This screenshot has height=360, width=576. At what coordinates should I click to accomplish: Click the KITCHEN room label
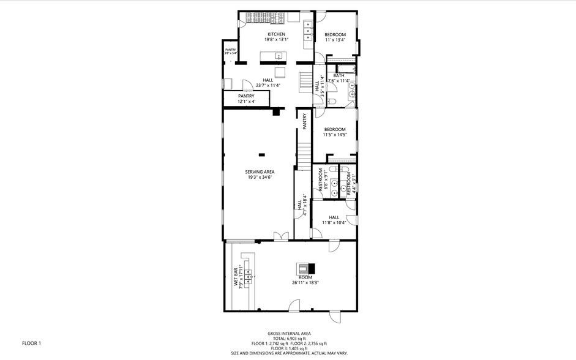click(x=277, y=34)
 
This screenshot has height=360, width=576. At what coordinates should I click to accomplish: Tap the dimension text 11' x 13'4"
click(x=335, y=40)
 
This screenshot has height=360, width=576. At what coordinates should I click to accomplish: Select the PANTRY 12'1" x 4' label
click(x=246, y=98)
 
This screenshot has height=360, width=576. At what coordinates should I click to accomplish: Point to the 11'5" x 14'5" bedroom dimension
click(x=335, y=135)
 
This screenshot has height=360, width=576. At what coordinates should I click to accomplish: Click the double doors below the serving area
click(x=280, y=236)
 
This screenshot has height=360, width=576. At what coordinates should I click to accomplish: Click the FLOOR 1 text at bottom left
click(x=31, y=343)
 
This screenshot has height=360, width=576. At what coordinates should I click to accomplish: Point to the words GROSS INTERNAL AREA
click(x=288, y=334)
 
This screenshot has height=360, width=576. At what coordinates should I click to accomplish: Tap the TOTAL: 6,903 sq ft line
click(x=288, y=339)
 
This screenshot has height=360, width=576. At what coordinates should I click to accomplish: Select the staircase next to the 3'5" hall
click(x=305, y=81)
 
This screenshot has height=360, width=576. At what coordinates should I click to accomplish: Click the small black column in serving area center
click(x=262, y=154)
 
